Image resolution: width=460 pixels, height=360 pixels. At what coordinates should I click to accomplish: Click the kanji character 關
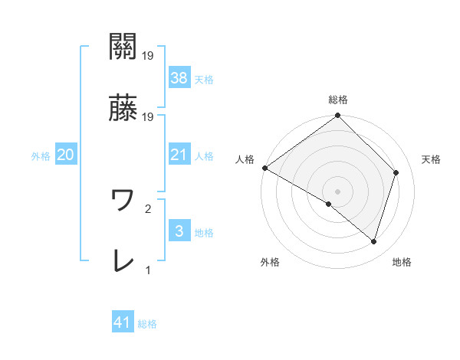123,48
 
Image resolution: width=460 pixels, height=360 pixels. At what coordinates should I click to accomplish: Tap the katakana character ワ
123,201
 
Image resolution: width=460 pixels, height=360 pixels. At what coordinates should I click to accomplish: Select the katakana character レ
123,261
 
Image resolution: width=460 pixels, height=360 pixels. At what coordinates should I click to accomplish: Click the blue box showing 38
179,77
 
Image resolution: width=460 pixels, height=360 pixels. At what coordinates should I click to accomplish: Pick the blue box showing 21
179,155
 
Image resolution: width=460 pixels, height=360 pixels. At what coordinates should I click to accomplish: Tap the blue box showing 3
179,231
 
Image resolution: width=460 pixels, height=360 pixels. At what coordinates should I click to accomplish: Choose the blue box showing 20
66,155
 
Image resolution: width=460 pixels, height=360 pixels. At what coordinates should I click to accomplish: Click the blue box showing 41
123,322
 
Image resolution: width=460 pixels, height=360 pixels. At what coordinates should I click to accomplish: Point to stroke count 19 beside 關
149,56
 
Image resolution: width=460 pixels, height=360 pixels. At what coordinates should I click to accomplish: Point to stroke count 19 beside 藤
149,117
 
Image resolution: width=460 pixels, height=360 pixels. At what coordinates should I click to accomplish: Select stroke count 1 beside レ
149,270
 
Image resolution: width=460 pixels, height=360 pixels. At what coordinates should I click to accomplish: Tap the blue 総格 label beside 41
147,324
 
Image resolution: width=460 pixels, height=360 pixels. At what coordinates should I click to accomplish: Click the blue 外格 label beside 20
41,155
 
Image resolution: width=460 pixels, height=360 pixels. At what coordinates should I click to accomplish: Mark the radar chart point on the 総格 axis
337,116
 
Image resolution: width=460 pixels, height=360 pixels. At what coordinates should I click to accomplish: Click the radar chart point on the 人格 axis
264,168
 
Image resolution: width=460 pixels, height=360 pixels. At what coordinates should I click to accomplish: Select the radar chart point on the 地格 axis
373,242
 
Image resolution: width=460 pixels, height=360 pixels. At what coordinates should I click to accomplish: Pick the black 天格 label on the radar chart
432,159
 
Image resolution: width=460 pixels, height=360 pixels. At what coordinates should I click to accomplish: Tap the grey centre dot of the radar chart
337,191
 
